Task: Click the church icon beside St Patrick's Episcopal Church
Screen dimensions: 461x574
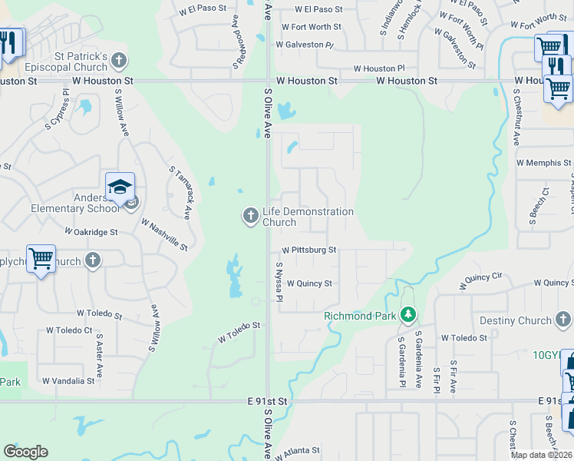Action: (x=118, y=59)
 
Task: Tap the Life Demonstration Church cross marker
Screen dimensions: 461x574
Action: (x=250, y=217)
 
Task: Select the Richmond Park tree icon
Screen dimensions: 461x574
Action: (x=409, y=315)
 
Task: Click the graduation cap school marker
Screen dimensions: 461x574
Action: (x=120, y=187)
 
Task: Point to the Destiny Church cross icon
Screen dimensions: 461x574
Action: (x=564, y=320)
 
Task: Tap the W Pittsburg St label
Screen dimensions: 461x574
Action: (x=308, y=250)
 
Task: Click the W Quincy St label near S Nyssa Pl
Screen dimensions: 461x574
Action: (x=309, y=284)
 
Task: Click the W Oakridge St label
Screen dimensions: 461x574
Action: (x=91, y=230)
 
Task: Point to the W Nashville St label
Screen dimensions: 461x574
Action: (x=164, y=234)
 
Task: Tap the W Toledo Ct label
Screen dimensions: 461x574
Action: (x=69, y=330)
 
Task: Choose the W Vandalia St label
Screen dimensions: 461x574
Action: (x=68, y=380)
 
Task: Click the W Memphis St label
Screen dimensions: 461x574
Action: (x=543, y=163)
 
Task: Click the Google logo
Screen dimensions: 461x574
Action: (x=25, y=452)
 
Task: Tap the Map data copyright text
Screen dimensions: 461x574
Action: (x=542, y=455)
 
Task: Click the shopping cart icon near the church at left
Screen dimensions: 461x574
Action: (x=41, y=258)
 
